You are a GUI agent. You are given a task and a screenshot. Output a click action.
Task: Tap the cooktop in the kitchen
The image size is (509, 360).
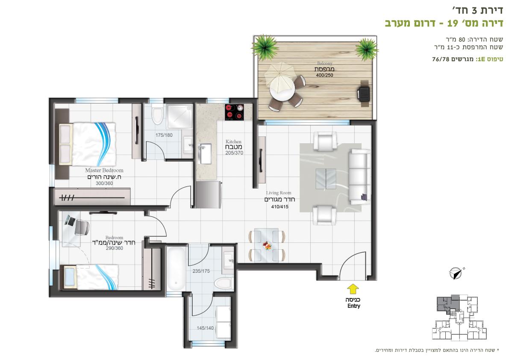[234, 112]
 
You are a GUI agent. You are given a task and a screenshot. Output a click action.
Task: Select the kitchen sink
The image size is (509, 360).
[205, 153]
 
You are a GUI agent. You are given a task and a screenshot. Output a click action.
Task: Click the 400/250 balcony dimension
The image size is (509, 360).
[325, 75]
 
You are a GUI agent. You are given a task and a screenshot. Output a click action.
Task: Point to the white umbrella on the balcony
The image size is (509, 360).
[279, 75]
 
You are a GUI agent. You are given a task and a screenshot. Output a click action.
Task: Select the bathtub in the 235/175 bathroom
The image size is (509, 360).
[176, 268]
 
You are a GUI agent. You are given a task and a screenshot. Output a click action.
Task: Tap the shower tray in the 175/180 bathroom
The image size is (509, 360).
[180, 115]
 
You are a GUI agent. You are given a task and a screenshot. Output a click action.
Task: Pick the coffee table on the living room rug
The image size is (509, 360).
[326, 179]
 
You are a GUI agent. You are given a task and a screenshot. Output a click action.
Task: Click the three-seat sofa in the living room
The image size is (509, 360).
[359, 177]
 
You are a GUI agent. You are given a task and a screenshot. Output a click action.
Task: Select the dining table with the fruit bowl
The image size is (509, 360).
[267, 245]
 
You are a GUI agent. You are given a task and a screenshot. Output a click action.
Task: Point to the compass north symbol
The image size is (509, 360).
[456, 273]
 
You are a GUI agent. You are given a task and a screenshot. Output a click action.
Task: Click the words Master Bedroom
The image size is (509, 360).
[104, 170]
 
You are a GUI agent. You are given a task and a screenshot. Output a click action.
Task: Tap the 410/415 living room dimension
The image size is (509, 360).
[280, 207]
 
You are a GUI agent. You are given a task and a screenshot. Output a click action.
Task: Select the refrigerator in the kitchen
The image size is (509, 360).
[209, 194]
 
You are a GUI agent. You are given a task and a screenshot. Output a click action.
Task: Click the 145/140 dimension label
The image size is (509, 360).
[205, 328]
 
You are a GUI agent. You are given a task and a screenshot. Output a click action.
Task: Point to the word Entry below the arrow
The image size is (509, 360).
[354, 306]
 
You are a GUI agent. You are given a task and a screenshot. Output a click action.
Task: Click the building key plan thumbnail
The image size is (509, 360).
[459, 318]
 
